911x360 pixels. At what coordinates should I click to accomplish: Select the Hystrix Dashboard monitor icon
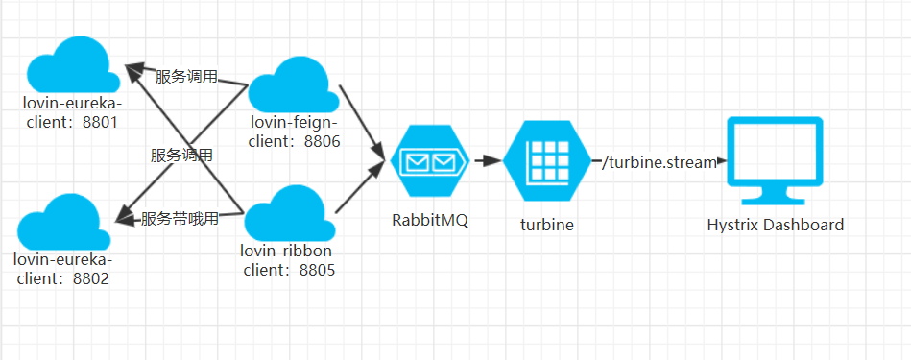[775, 160]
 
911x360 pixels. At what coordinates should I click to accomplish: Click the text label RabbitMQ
[429, 219]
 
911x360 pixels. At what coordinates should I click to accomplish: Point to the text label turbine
[546, 224]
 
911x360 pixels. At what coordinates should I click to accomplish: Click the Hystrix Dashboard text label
[775, 225]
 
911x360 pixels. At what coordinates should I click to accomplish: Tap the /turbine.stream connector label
[659, 163]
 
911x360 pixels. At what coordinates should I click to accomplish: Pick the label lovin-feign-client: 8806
[296, 132]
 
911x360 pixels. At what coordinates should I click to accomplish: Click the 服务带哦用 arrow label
[180, 218]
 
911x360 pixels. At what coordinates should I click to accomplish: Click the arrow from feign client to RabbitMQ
[363, 119]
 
